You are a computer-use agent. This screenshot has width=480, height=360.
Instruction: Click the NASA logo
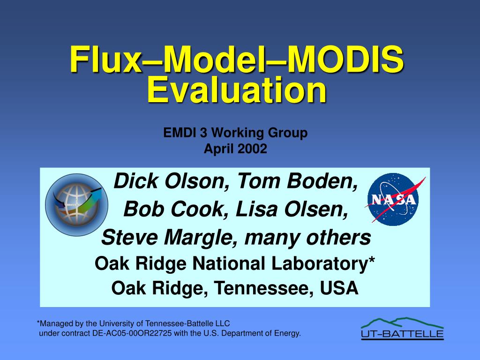pos(394,198)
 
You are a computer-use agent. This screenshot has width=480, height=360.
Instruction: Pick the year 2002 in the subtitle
pos(252,149)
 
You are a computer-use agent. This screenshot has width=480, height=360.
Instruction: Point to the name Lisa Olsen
pos(292,210)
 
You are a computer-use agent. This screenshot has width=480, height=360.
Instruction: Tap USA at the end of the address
pos(339,288)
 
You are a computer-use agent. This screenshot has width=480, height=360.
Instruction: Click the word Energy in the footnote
pos(287,334)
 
